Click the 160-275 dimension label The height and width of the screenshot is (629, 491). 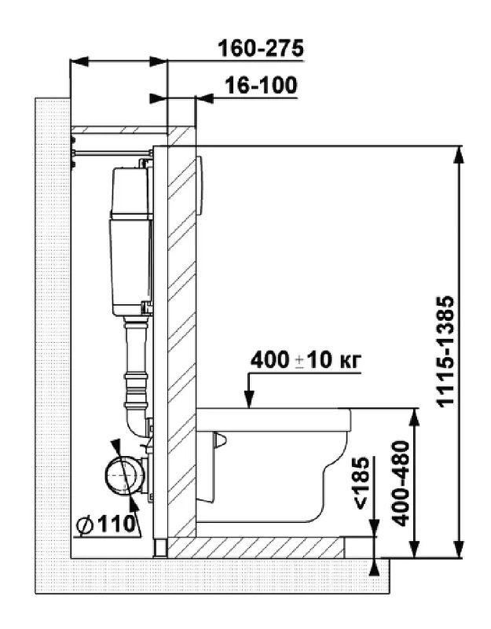(x=261, y=49)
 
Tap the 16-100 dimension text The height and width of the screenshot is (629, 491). (x=261, y=85)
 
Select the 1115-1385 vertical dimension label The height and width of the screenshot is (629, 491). (x=445, y=351)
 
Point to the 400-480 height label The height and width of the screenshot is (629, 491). (x=401, y=484)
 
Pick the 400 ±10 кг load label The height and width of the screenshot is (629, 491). (x=306, y=360)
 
